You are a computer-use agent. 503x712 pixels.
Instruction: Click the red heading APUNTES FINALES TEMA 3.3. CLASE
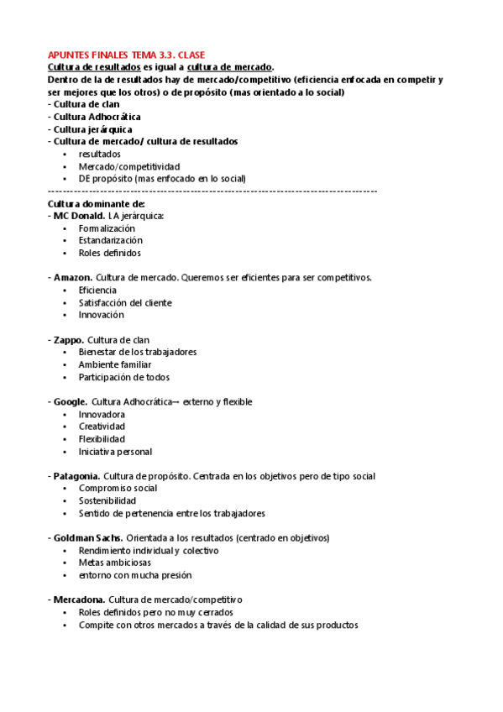point(126,55)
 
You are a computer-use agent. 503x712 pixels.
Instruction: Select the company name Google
point(71,401)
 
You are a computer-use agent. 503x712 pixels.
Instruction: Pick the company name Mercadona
point(79,599)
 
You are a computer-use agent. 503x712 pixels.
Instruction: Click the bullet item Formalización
point(107,228)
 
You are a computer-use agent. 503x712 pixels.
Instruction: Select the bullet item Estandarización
point(111,240)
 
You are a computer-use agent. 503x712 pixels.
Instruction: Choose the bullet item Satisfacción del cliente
point(125,302)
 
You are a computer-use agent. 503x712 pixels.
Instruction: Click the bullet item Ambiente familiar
point(115,364)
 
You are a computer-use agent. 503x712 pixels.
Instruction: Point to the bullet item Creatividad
point(102,427)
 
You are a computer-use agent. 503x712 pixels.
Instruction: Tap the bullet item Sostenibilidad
point(107,500)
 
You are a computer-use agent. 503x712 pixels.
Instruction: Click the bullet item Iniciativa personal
point(115,451)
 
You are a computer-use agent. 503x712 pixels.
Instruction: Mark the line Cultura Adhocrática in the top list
point(97,117)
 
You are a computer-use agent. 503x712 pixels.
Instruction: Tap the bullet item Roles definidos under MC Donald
point(110,253)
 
